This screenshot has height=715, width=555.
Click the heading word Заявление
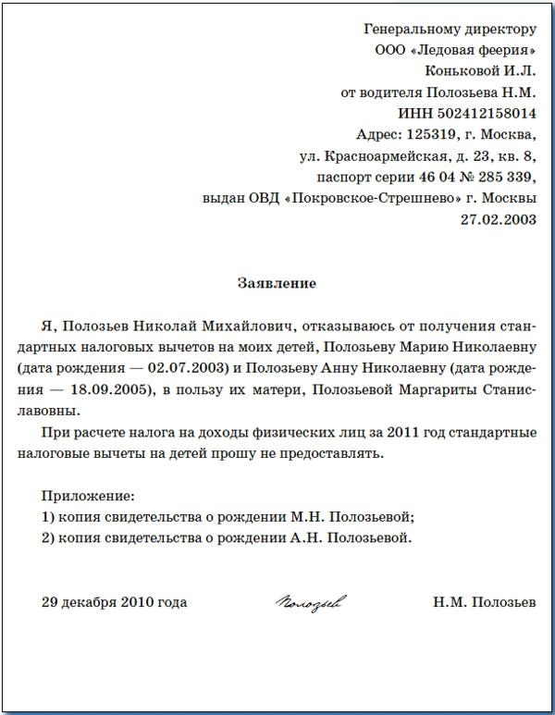(x=277, y=283)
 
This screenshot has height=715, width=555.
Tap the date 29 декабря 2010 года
(x=114, y=603)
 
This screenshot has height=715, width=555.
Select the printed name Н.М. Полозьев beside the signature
(x=484, y=603)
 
